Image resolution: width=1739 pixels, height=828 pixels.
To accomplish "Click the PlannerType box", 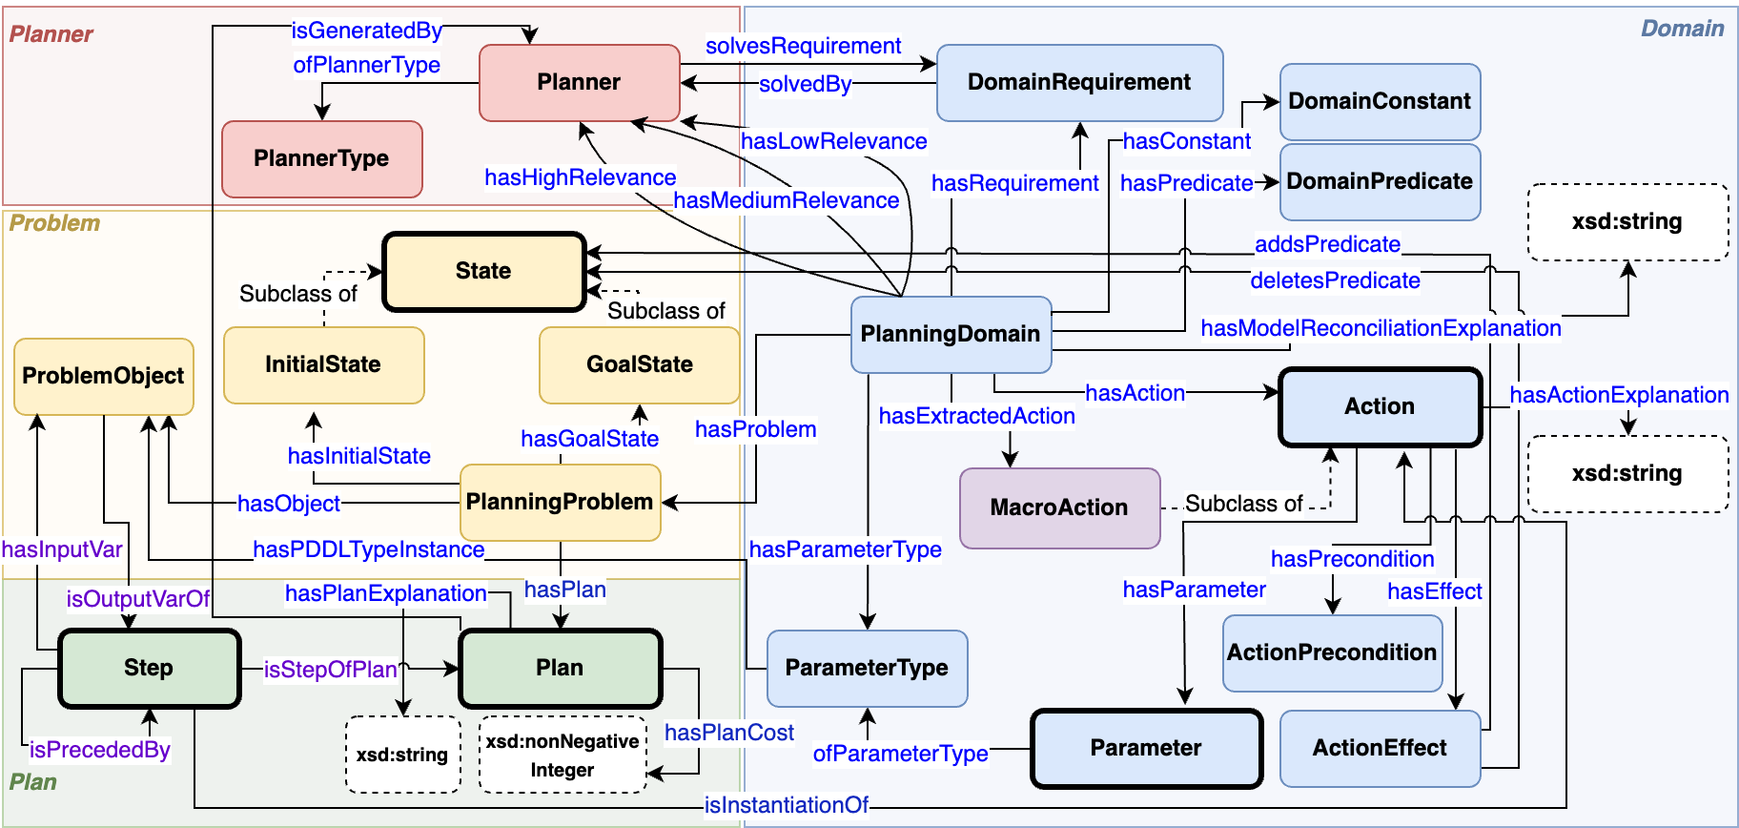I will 321,158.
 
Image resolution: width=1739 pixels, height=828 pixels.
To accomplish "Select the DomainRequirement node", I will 1079,83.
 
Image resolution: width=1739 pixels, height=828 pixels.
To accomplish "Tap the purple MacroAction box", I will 1059,507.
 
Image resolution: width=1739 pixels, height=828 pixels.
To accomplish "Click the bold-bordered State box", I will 483,272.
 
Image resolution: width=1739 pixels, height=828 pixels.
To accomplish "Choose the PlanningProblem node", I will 560,503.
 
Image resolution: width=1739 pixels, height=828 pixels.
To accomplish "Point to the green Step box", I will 149,668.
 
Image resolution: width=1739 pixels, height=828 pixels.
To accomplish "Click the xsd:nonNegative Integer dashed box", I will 563,755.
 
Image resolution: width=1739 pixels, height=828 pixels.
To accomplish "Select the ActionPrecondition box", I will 1332,653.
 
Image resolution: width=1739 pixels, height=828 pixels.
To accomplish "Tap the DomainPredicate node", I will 1379,182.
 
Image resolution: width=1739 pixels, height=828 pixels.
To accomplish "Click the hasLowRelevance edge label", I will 833,141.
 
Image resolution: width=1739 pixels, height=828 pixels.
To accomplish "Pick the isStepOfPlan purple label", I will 330,670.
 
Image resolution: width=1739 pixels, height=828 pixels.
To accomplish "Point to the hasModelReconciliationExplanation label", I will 1381,328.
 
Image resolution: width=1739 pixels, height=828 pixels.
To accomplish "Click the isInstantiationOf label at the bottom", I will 786,805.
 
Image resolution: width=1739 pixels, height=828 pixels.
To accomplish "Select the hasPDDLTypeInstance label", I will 368,549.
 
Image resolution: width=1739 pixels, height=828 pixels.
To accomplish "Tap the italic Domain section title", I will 1682,29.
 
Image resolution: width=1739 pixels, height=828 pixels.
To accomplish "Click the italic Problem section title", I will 54,223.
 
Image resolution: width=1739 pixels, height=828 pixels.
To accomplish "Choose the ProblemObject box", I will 103,377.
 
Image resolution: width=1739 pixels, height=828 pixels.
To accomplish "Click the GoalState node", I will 639,365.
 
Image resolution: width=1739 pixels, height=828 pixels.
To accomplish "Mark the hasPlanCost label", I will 728,733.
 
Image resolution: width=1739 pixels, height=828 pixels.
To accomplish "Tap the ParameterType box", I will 867,668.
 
